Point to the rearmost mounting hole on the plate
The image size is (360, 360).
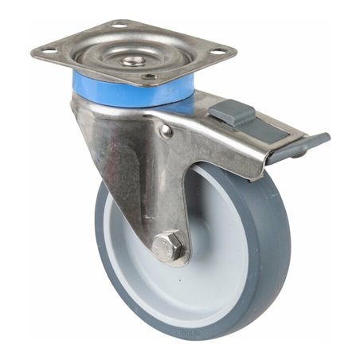119,26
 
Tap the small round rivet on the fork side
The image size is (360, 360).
166,132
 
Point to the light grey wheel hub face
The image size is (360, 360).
211,263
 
